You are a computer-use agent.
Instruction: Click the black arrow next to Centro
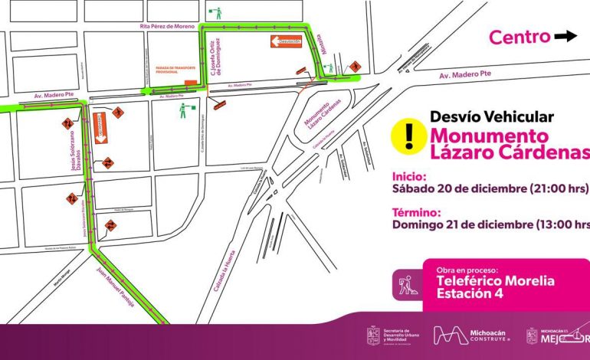[x=567, y=36]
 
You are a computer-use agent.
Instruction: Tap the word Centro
[x=520, y=37]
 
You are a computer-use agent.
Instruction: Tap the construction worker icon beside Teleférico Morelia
[x=406, y=286]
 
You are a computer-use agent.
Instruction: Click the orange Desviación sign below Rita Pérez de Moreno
[x=284, y=42]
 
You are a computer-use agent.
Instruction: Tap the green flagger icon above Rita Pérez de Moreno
[x=220, y=12]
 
